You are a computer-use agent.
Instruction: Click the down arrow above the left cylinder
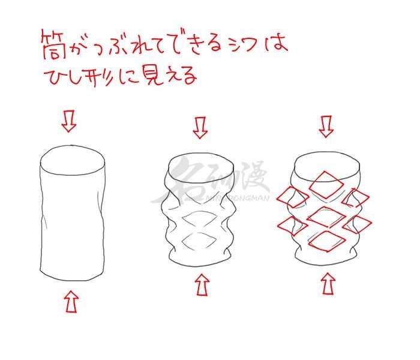pyautogui.click(x=69, y=121)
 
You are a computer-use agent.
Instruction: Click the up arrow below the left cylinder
pyautogui.click(x=71, y=302)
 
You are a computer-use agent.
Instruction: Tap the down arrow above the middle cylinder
pyautogui.click(x=200, y=128)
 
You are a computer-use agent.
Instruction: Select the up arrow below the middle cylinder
pyautogui.click(x=202, y=285)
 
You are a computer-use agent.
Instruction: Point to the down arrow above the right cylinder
pyautogui.click(x=326, y=127)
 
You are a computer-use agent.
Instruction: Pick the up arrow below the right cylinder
pyautogui.click(x=328, y=283)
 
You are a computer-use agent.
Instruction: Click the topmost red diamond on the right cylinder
pyautogui.click(x=326, y=185)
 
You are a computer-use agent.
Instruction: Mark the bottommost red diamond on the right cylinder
pyautogui.click(x=327, y=241)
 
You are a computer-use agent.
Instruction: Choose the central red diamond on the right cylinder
pyautogui.click(x=326, y=217)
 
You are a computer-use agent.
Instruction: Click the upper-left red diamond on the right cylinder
pyautogui.click(x=293, y=197)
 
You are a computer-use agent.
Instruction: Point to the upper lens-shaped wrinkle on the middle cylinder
pyautogui.click(x=200, y=217)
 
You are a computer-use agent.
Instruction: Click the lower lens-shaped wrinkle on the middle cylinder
pyautogui.click(x=200, y=240)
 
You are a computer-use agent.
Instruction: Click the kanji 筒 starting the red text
pyautogui.click(x=53, y=44)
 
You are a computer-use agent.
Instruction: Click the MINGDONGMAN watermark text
pyautogui.click(x=237, y=198)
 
